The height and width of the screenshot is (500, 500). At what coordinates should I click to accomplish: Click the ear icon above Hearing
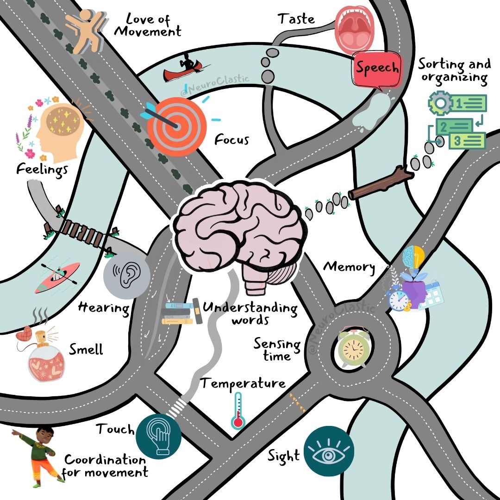pyautogui.click(x=126, y=276)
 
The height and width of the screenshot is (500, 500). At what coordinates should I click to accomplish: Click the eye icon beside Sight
pyautogui.click(x=330, y=451)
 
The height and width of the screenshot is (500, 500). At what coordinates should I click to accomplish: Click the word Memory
pyautogui.click(x=349, y=267)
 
